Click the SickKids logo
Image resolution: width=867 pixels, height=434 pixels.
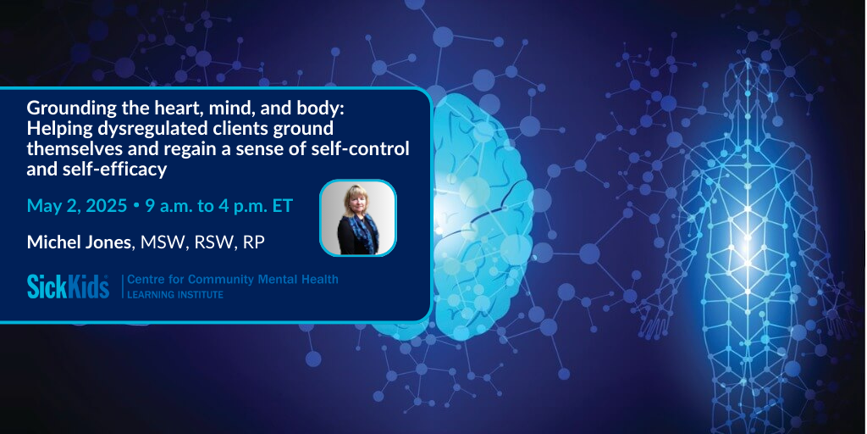(68, 287)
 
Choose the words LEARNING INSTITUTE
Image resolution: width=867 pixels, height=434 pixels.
(175, 295)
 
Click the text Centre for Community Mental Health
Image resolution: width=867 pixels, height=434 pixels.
(233, 280)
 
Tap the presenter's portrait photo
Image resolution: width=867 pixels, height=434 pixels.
(358, 218)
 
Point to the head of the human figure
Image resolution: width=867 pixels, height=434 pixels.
(747, 86)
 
